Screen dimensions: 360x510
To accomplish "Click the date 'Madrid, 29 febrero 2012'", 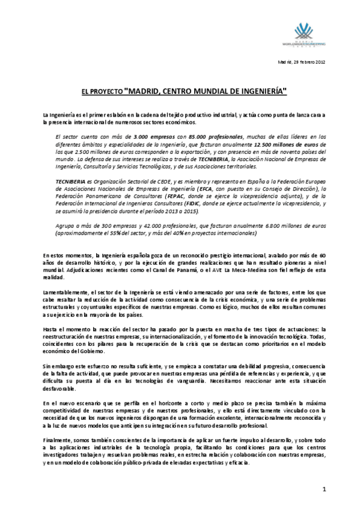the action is point(301,63).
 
